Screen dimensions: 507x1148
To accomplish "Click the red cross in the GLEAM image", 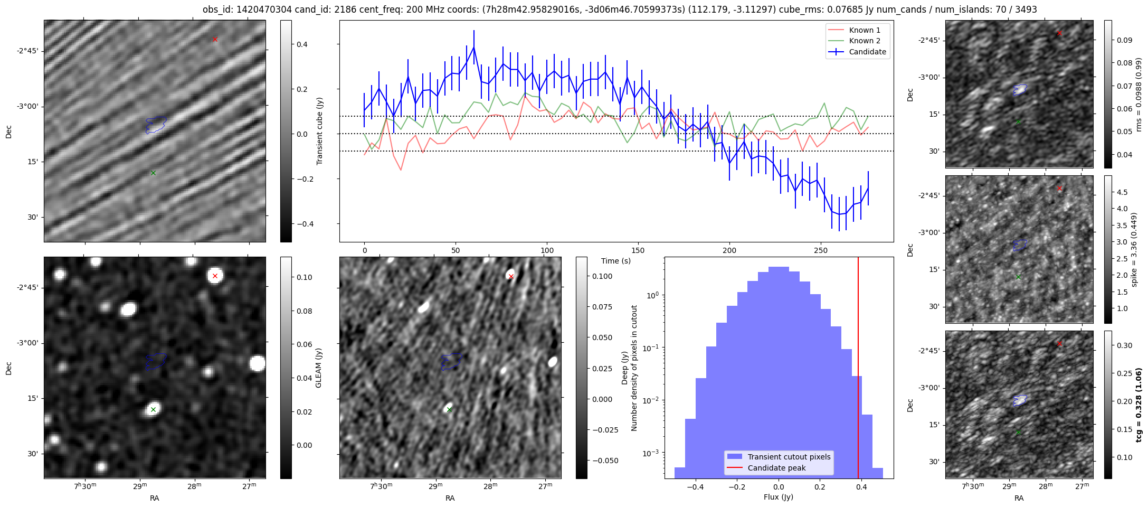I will point(215,276).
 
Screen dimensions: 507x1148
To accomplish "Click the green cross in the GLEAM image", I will point(153,409).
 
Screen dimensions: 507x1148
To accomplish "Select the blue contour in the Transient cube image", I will point(156,125).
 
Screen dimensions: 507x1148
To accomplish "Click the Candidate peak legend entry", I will point(776,468).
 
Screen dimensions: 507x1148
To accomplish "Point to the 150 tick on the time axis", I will point(638,250).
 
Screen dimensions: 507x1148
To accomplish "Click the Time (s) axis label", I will point(616,261).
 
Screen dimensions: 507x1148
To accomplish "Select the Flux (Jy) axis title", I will point(779,497).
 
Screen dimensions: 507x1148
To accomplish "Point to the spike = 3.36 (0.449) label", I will point(1134,249).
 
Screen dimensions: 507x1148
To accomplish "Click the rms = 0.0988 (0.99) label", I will point(1138,94).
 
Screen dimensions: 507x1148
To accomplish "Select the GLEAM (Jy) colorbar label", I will point(318,368).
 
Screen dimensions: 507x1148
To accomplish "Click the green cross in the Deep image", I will point(449,409).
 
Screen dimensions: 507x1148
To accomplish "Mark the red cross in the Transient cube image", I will point(215,39).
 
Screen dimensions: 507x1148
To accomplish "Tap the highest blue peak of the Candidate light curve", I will point(474,47).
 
